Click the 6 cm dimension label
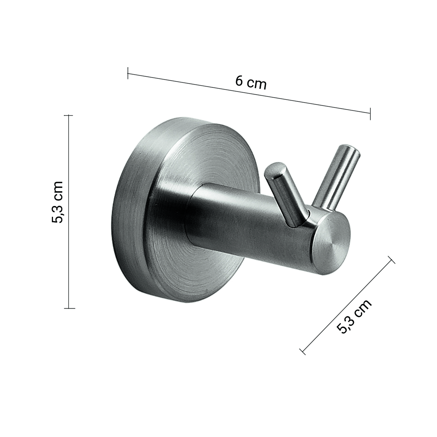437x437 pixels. click(251, 83)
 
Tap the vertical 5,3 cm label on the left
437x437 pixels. click(57, 202)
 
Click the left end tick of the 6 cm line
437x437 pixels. click(128, 73)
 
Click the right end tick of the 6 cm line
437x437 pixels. click(370, 114)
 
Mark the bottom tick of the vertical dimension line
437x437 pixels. click(69, 308)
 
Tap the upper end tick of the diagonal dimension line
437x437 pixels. click(391, 260)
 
